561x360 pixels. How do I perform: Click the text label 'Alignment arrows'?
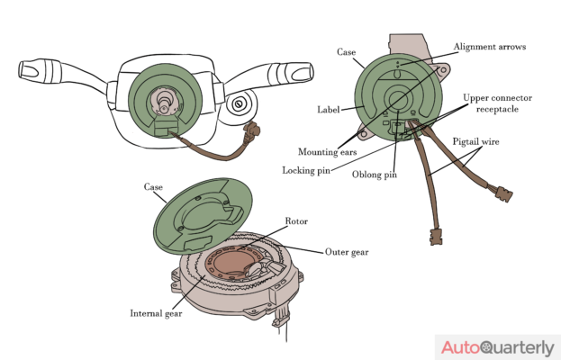click(490, 46)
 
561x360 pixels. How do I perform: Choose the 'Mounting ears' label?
click(322, 151)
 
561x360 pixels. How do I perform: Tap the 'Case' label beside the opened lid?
click(154, 187)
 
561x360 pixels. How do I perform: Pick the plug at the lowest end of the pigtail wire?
click(437, 238)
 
